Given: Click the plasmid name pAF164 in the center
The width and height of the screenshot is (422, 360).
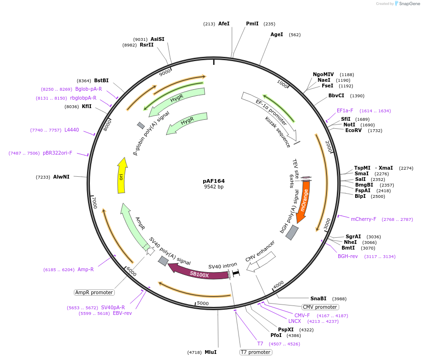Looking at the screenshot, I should coord(214,180).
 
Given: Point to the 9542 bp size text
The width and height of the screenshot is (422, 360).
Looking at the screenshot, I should coord(214,187).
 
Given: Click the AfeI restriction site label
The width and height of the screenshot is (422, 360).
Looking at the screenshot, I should coord(224,23).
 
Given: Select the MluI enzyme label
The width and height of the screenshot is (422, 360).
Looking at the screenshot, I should coord(210,352).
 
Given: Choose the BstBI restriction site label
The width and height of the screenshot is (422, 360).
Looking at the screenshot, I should coord(101,80).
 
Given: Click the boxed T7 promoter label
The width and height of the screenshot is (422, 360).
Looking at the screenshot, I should coord(255,352).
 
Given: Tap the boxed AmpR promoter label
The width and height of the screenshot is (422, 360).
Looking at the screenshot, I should coord(94,292).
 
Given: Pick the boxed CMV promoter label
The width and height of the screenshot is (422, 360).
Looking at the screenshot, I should coord(320,307).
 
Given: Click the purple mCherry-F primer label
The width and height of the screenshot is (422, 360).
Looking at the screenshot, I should coord(363,219).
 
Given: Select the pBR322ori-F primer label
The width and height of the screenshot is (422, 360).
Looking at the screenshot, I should coord(57,153).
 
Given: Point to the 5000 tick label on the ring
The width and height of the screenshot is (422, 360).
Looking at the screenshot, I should coord(202,304).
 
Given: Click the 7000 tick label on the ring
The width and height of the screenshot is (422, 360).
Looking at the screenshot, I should coord(94,203).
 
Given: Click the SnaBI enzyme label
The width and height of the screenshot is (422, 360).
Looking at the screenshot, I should coord(318,298).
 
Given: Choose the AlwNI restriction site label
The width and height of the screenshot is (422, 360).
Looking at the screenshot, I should coord(61,177).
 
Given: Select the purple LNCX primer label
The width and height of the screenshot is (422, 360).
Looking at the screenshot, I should coord(295,321).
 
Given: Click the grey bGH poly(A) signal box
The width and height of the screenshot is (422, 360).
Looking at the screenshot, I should coord(292,232).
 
